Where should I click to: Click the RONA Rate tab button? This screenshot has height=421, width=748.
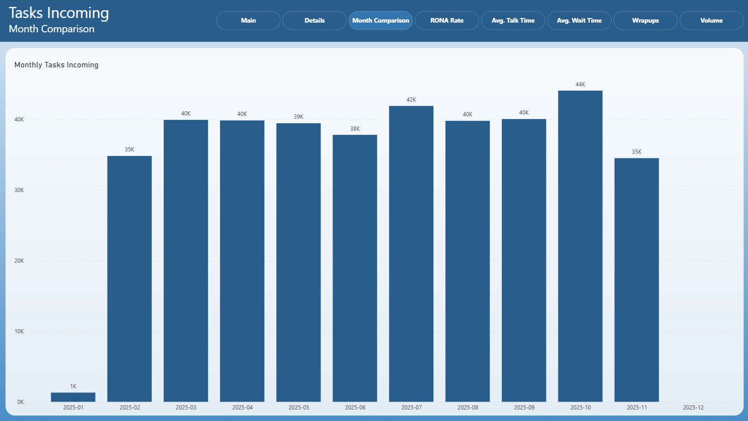pos(447,20)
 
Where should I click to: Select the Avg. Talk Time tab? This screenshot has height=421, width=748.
pos(513,20)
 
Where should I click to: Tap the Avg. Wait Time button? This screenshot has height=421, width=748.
pos(579,20)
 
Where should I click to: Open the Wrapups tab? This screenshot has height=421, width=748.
pos(645,20)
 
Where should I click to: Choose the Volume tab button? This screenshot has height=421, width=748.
pos(711,20)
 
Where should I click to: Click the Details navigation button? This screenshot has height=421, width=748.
pos(315,20)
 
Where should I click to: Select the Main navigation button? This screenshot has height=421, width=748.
pos(249,20)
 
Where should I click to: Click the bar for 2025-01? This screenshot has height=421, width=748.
pos(73,397)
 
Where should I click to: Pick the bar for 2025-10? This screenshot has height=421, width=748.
pos(580,246)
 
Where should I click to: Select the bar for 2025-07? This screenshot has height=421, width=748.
pos(411,254)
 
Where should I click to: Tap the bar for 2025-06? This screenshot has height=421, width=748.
pos(355,268)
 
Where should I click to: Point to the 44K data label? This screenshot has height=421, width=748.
pos(580,84)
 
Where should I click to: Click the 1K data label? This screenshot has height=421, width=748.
pos(73,386)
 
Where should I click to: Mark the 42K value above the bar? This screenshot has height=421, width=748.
pos(411,100)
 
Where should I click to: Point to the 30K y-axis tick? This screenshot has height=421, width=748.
pos(19,190)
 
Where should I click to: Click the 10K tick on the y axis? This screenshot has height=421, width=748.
pos(19,331)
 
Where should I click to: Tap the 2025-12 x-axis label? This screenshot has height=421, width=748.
pos(693,408)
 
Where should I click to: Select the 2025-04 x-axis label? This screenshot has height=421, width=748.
pos(243,408)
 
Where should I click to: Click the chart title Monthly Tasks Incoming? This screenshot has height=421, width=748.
pos(56,65)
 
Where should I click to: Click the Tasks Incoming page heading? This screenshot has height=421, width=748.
pos(59,13)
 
